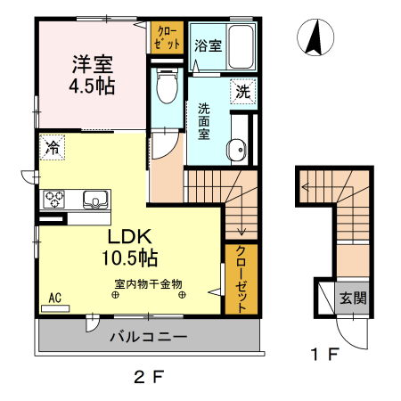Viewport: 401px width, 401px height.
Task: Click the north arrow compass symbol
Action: [x=314, y=37]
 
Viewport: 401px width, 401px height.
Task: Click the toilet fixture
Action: [x=165, y=90]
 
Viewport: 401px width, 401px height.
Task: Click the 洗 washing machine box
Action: [x=242, y=90]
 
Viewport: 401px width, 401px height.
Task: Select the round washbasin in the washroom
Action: [x=237, y=151]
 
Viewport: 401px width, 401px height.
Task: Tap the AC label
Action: [x=54, y=298]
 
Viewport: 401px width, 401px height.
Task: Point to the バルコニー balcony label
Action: [x=148, y=337]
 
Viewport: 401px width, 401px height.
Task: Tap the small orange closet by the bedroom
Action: [x=165, y=37]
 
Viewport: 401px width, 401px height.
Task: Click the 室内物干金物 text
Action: [x=148, y=284]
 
